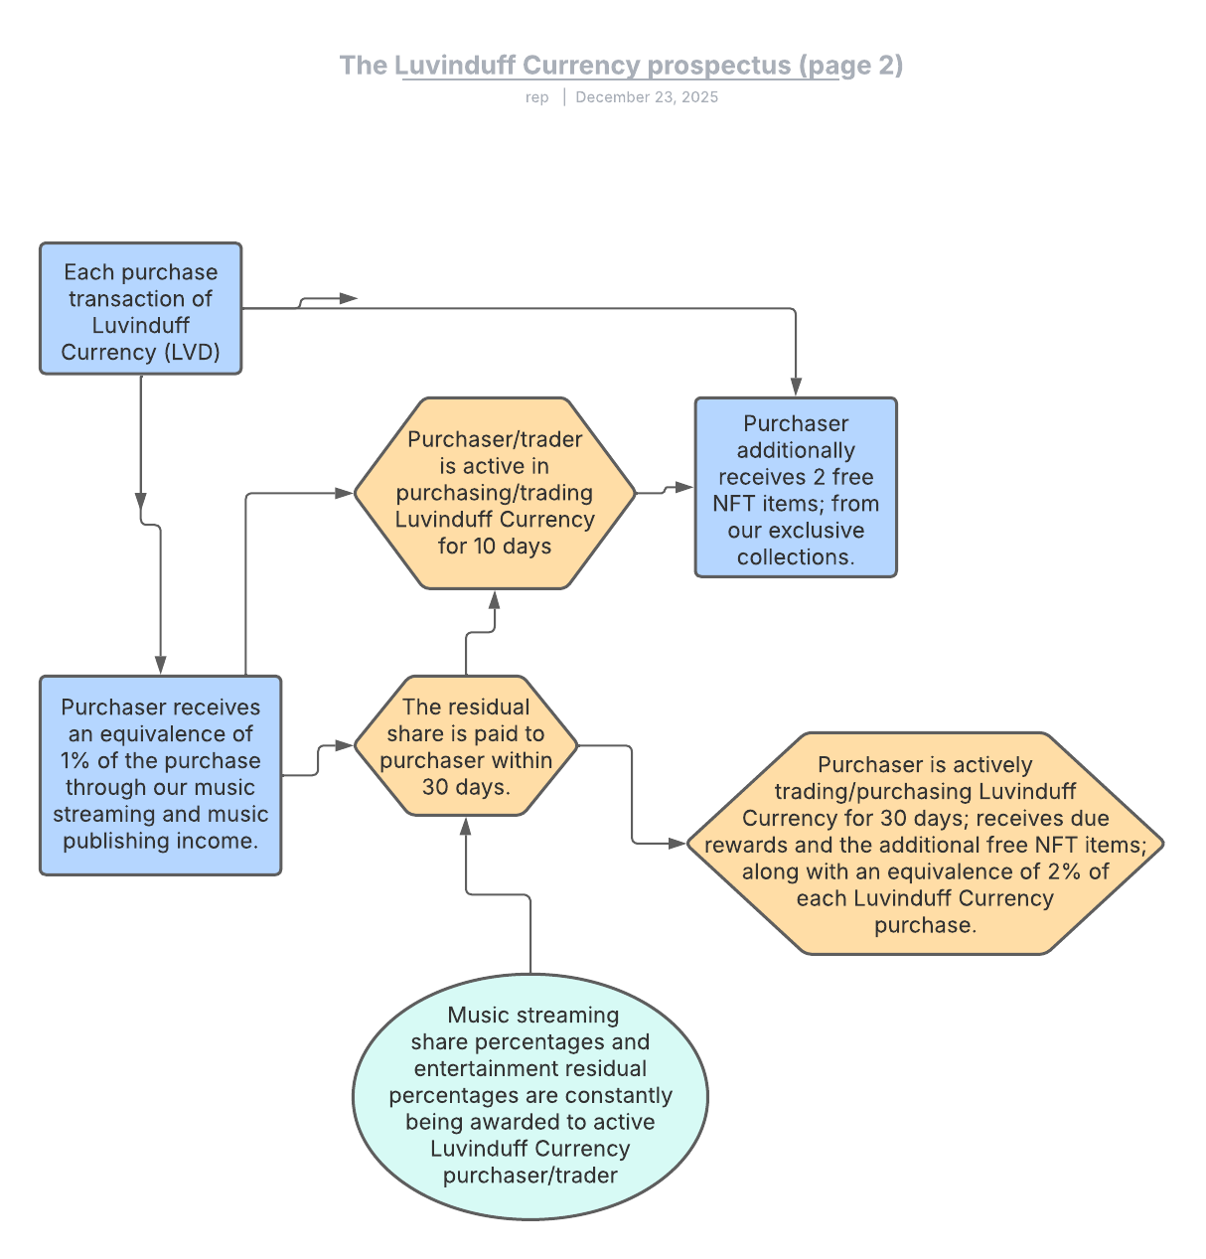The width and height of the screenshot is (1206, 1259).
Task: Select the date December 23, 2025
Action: [x=647, y=97]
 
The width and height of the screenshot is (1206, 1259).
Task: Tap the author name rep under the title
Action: [x=536, y=97]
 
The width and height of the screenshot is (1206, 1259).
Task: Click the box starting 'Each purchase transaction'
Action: [x=140, y=309]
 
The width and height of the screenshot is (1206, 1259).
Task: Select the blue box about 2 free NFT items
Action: [x=796, y=488]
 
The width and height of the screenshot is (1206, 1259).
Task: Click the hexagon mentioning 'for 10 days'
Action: [x=495, y=493]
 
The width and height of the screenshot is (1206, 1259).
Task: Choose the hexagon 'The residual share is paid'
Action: [x=466, y=746]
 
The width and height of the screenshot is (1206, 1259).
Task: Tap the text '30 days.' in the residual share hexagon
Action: [x=466, y=787]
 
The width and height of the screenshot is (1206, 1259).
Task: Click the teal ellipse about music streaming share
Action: [x=530, y=1096]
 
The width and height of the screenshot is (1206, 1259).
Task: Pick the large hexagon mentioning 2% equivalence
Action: [x=924, y=844]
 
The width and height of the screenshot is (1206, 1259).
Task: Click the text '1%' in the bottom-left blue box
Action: [x=76, y=761]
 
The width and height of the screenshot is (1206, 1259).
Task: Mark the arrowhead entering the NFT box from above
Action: [x=796, y=389]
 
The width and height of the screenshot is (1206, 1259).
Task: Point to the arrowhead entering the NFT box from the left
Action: [x=684, y=487]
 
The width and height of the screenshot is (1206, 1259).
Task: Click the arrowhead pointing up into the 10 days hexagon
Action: [x=495, y=598]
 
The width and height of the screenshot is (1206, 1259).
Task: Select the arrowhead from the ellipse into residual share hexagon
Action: [x=466, y=826]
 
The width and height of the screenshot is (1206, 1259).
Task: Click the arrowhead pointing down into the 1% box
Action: [x=160, y=665]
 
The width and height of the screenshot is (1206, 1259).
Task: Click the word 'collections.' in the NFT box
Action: [x=796, y=557]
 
